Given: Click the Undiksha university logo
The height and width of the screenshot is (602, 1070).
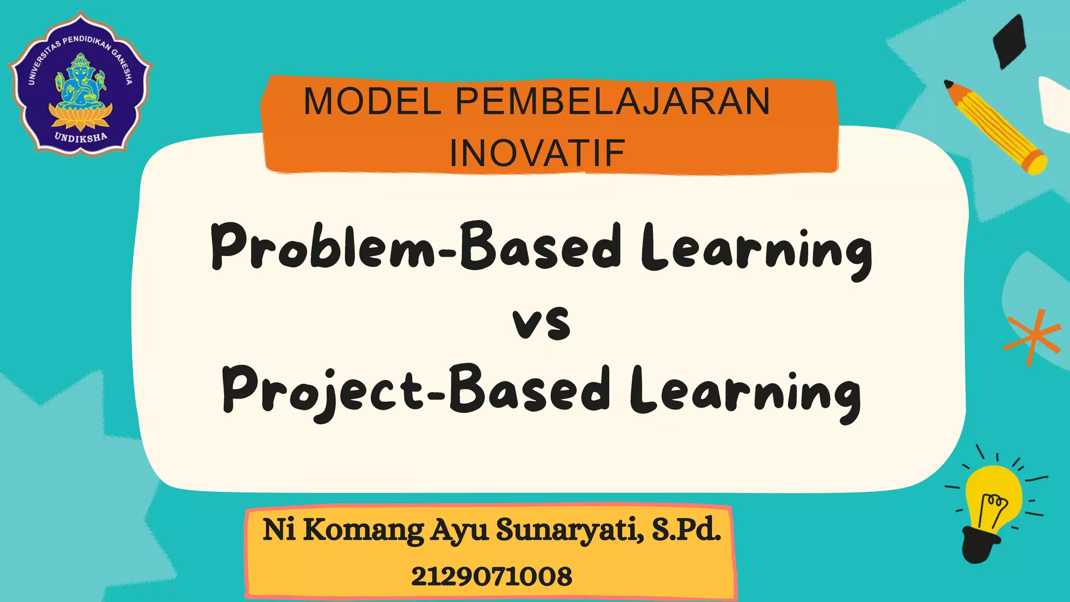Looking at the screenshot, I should tap(80, 82).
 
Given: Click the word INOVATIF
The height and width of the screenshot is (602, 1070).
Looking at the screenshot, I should tap(538, 154).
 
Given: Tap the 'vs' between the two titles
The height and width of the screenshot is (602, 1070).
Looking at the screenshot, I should tap(541, 323).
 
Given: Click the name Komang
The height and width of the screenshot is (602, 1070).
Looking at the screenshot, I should tap(364, 530).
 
